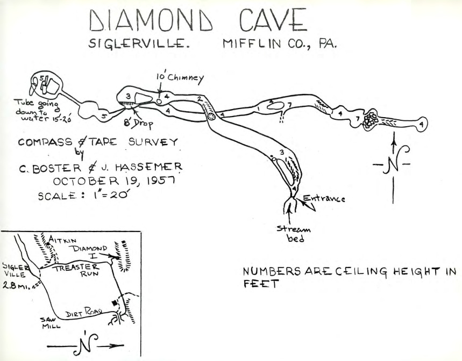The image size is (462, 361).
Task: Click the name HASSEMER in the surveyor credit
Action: click(154, 167)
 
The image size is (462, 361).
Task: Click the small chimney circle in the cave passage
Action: click(159, 101)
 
